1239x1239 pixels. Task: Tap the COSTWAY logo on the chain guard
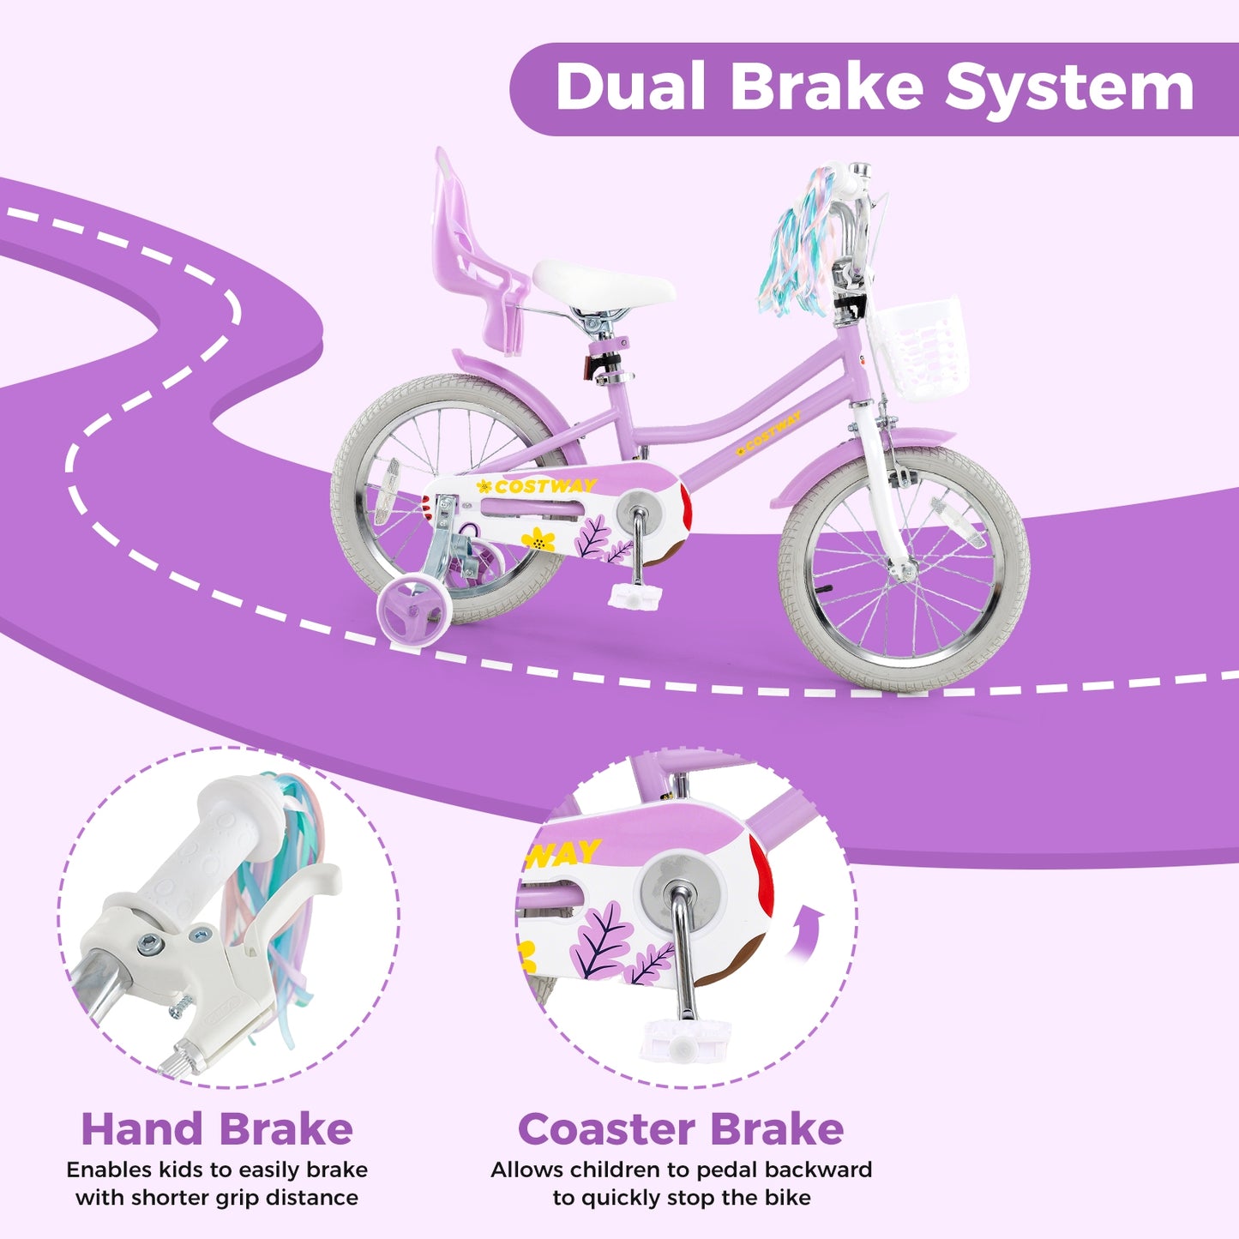click(544, 486)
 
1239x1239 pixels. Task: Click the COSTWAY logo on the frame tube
click(771, 432)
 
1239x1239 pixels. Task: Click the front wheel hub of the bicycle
click(903, 568)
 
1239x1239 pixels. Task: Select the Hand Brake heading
click(217, 1129)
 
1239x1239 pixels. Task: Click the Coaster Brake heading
click(681, 1129)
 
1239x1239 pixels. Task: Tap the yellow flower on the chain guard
click(538, 540)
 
